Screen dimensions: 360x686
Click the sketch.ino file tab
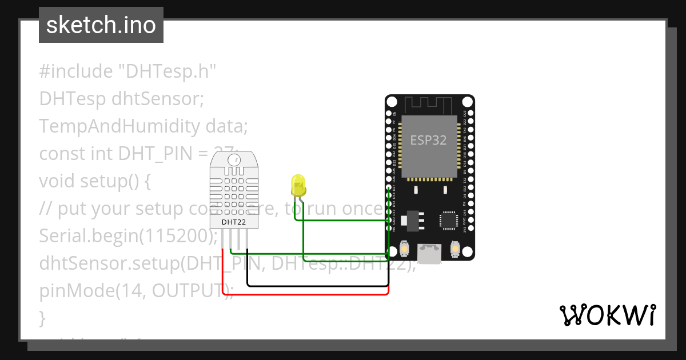101,25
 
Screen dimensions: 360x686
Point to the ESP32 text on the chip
429,139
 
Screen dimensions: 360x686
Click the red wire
309,294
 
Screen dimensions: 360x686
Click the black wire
318,285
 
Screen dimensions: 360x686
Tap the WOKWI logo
607,315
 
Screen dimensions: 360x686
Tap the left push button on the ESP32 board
404,250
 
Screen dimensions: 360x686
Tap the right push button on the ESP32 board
455,250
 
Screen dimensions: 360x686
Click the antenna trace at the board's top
429,105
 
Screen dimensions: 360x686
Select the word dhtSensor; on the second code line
158,98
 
